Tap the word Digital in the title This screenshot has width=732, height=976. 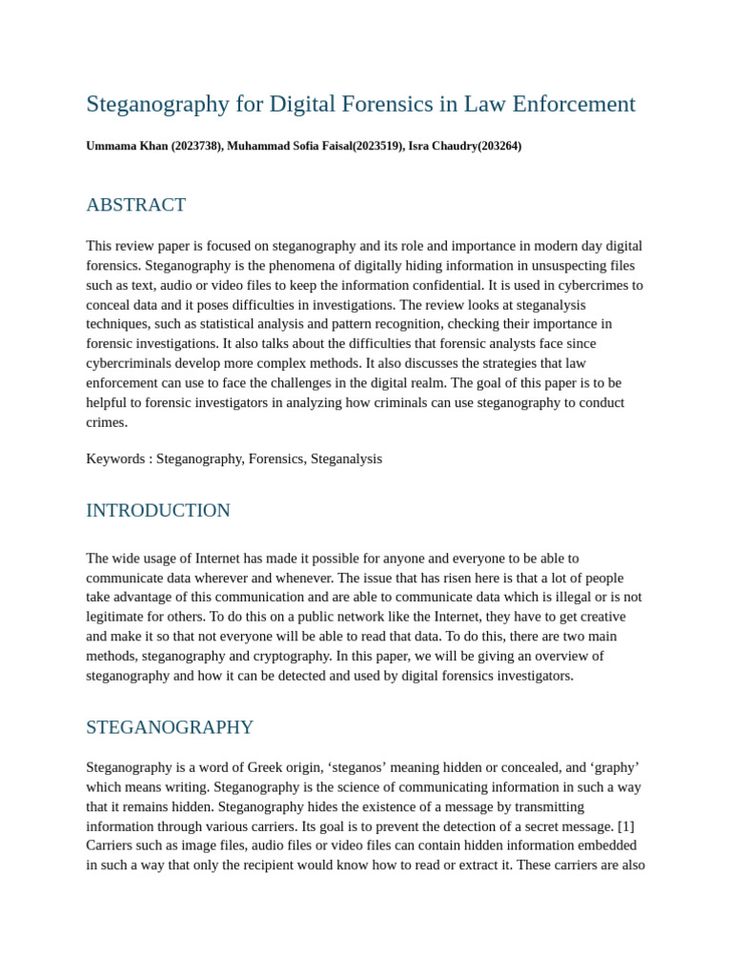tap(304, 104)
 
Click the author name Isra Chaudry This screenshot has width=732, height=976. tap(442, 146)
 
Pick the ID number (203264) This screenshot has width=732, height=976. tap(499, 146)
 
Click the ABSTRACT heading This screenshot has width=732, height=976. tap(135, 205)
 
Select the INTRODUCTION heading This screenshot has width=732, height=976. tap(158, 511)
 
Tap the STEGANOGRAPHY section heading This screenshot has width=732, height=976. tap(170, 727)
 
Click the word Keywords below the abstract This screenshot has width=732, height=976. tap(115, 458)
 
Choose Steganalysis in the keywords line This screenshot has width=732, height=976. tap(346, 458)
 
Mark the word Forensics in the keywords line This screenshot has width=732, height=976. tap(275, 458)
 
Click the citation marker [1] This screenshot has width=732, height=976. tap(626, 825)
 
